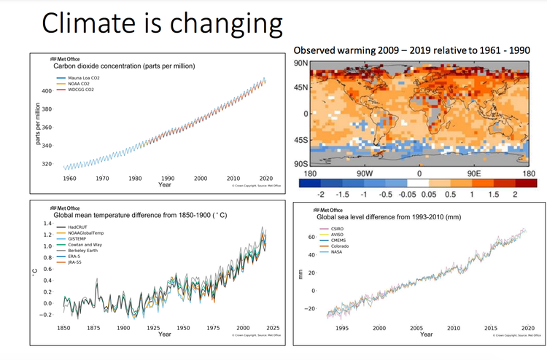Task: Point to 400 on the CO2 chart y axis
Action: tap(47, 91)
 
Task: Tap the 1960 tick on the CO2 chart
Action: tap(69, 179)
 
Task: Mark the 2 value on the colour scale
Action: tap(515, 195)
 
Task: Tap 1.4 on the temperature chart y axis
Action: tap(48, 223)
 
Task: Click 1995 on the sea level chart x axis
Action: tap(341, 329)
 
